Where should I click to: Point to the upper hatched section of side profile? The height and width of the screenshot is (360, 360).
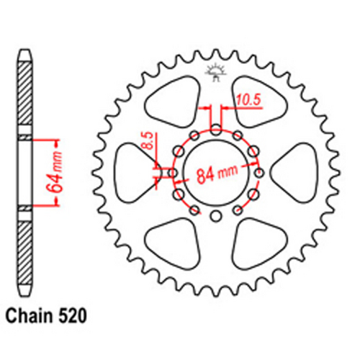(25, 94)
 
